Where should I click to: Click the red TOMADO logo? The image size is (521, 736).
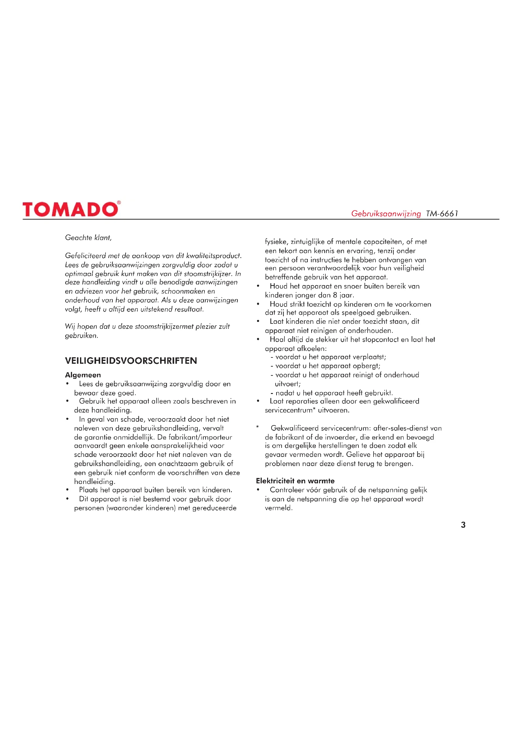coord(71,209)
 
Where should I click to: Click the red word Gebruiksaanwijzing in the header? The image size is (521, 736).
coord(386,213)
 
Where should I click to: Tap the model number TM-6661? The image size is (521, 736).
coord(442,213)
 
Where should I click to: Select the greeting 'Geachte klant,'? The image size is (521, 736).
coord(88,238)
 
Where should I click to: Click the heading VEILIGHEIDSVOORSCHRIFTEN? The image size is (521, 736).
coord(131,361)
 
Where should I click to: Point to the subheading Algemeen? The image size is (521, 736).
coord(83,375)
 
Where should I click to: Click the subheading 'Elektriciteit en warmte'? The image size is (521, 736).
coord(295,481)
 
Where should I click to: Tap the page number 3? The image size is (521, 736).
coord(463,525)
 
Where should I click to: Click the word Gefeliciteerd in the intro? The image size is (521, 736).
coord(85,256)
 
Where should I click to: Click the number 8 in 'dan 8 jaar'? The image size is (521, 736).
coord(335,295)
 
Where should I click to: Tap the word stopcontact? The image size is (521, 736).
coord(381,340)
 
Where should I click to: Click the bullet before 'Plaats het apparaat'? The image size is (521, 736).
coord(67,490)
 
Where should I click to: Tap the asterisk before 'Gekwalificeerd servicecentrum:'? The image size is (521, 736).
coord(257,427)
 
